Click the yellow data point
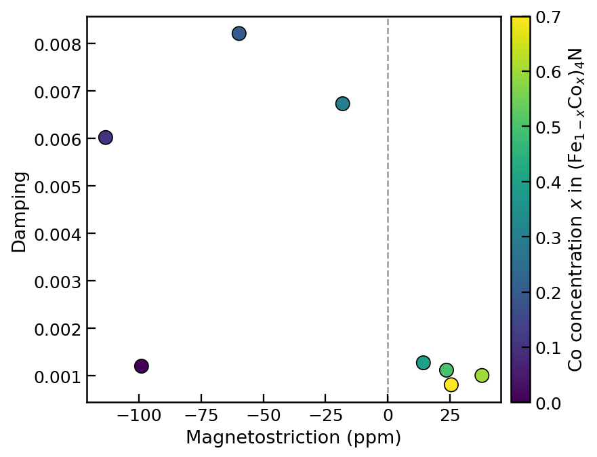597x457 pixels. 451,384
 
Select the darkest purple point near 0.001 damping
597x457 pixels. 142,366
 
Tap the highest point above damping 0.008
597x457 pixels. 239,33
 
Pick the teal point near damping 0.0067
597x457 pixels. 343,104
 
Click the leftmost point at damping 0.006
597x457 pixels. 106,138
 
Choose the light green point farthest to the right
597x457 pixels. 482,375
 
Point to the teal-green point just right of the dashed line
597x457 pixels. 424,363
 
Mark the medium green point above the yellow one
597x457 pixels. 447,370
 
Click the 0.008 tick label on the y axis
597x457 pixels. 56,44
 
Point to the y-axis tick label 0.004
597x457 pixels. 56,234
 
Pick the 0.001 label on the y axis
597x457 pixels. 56,376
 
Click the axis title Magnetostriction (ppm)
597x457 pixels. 293,438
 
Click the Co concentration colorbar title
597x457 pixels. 575,209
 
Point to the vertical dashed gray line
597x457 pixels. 388,203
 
